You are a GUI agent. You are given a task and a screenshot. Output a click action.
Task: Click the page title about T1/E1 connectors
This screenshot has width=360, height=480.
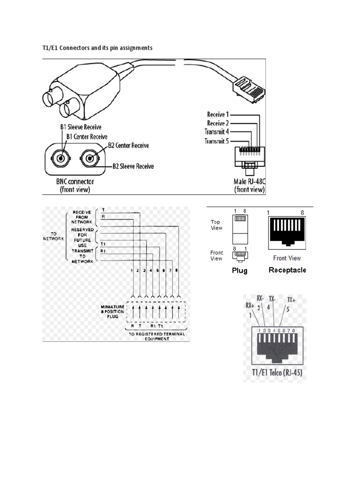(x=97, y=48)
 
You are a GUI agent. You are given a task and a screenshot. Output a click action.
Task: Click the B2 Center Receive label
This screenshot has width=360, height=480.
(x=128, y=146)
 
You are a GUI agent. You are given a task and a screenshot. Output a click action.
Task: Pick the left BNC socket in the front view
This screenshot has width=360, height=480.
(x=60, y=158)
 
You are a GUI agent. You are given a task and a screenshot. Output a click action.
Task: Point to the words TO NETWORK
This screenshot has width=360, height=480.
(x=52, y=235)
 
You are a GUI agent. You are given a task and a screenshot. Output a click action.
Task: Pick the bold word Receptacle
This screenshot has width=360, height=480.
(x=287, y=270)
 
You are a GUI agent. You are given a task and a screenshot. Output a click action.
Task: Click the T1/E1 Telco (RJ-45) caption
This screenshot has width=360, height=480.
(x=275, y=374)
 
